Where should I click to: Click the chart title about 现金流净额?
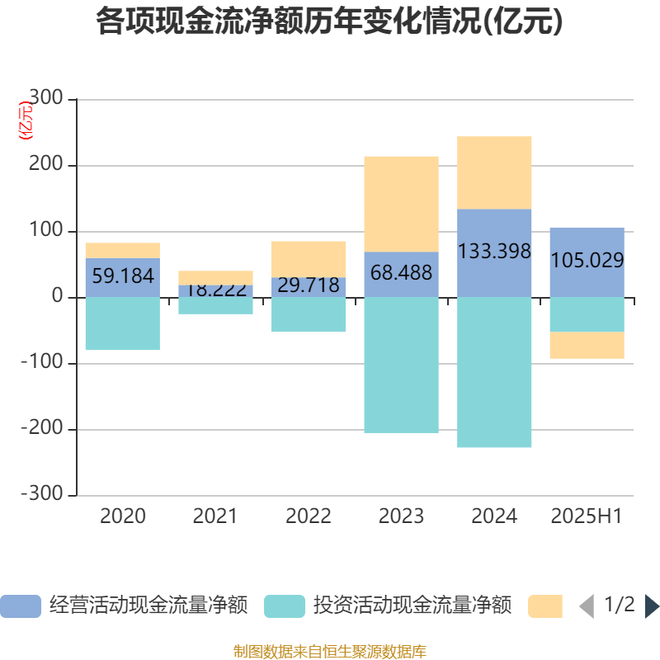pyautogui.click(x=329, y=21)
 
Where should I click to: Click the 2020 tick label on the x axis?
pyautogui.click(x=123, y=516)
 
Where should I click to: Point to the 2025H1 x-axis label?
pyautogui.click(x=587, y=516)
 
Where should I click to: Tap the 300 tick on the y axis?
pyautogui.click(x=45, y=99)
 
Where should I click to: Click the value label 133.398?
pyautogui.click(x=494, y=252)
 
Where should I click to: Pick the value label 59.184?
pyautogui.click(x=123, y=276)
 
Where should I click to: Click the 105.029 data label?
pyautogui.click(x=587, y=262)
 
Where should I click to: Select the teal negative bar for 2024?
pyautogui.click(x=494, y=372)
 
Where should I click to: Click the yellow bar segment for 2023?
pyautogui.click(x=401, y=204)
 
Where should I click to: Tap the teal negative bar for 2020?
pyautogui.click(x=123, y=323)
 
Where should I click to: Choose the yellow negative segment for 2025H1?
pyautogui.click(x=587, y=345)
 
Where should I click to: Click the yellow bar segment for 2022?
pyautogui.click(x=309, y=258)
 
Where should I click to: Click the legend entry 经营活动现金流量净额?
pyautogui.click(x=125, y=606)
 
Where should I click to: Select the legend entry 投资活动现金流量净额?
pyautogui.click(x=389, y=606)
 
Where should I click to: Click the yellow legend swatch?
pyautogui.click(x=544, y=606)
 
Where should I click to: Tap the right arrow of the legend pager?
pyautogui.click(x=651, y=606)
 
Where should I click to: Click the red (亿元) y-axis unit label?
pyautogui.click(x=26, y=120)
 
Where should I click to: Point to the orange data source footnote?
pyautogui.click(x=329, y=651)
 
